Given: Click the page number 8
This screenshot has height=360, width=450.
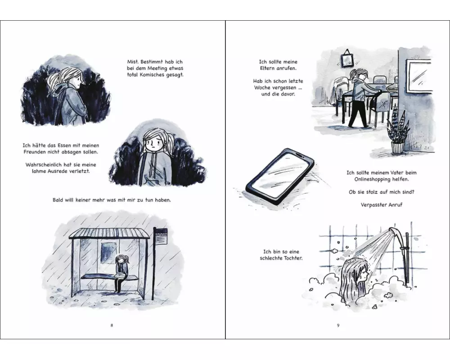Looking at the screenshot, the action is [x=112, y=325].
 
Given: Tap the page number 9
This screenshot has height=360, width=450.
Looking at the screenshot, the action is [x=338, y=325].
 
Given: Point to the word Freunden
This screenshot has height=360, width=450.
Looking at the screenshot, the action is [x=34, y=152].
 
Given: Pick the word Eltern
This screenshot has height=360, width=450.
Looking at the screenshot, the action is [x=268, y=68].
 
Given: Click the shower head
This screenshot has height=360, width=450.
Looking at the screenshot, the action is [x=396, y=232].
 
